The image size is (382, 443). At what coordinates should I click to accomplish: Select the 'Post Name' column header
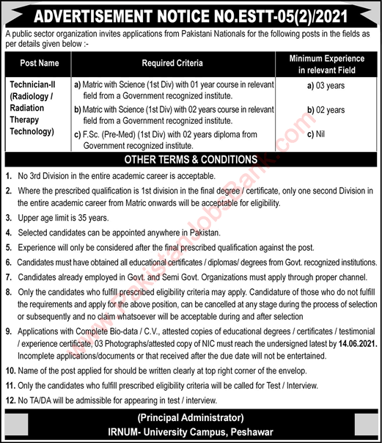click(40, 64)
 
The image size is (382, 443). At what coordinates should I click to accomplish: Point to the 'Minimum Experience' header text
click(326, 58)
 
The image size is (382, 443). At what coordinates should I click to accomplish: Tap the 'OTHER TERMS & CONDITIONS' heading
click(191, 159)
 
